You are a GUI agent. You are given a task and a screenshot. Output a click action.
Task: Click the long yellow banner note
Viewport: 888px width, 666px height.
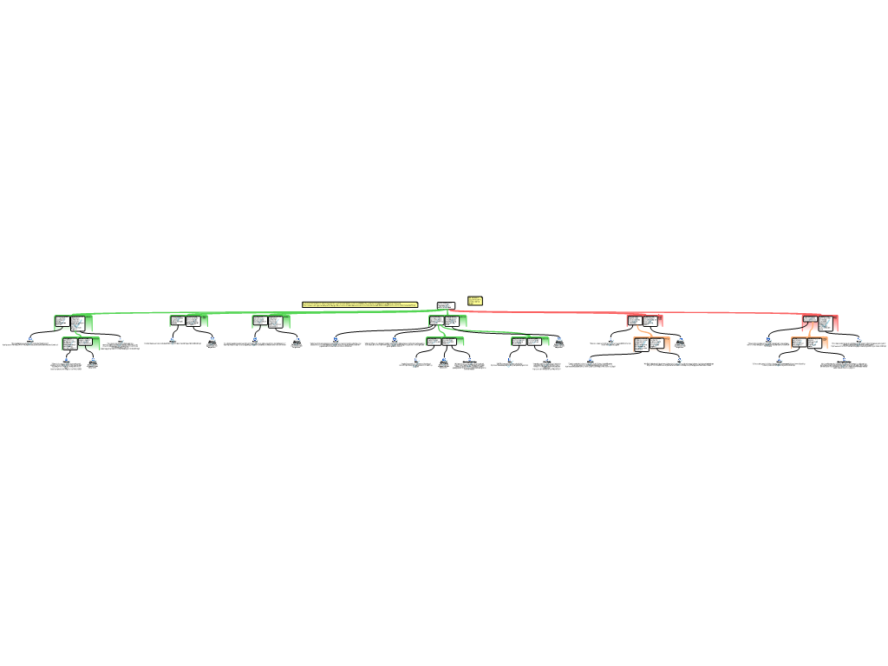coord(359,304)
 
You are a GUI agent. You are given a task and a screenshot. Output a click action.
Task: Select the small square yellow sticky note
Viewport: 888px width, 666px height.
coord(475,301)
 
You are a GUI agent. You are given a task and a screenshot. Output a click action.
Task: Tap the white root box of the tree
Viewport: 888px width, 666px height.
coord(446,305)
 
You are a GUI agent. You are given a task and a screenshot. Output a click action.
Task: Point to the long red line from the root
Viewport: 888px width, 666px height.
coord(624,312)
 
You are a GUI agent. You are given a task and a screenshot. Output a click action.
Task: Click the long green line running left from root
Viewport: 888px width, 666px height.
coord(260,312)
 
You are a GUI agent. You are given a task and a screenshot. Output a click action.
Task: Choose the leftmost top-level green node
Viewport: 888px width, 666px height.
coord(73,323)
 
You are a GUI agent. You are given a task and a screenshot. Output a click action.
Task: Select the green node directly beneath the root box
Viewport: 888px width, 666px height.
coord(447,321)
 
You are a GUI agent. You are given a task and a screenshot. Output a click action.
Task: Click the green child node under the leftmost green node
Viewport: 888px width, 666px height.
coord(81,343)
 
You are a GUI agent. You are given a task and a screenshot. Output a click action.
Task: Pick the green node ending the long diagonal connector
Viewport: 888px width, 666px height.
coord(530,342)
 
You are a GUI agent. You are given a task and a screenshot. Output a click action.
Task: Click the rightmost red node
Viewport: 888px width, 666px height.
coord(819,323)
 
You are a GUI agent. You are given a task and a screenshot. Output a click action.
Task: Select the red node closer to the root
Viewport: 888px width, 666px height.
coord(644,321)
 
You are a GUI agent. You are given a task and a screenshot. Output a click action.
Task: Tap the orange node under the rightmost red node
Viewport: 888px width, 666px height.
coord(809,343)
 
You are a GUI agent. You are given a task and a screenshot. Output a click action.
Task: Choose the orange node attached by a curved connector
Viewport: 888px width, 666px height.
coord(651,344)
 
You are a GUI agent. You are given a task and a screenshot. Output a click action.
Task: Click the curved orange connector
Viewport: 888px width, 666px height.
coord(644,331)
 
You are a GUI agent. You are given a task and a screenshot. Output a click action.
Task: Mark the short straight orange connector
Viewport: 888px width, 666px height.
coord(811,334)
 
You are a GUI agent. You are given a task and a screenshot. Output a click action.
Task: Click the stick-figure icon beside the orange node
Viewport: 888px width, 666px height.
coord(681,342)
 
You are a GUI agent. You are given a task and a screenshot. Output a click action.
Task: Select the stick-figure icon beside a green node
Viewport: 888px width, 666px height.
coord(559,342)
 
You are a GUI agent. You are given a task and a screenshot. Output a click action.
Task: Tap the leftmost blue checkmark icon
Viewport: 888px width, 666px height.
coord(30,342)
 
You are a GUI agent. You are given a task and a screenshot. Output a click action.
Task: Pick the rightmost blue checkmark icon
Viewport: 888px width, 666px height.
coord(859,342)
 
